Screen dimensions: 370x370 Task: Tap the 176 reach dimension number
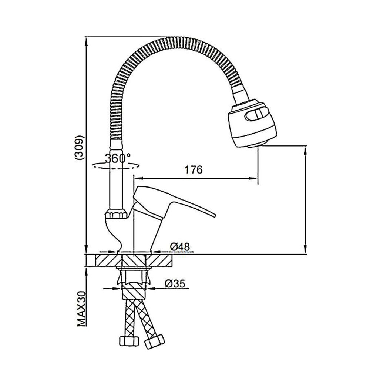(x=194, y=169)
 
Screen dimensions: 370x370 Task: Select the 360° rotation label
(x=118, y=158)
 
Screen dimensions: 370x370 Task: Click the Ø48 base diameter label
(x=180, y=247)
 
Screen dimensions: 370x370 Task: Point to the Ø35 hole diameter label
(x=175, y=284)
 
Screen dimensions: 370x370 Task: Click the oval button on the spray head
(x=257, y=114)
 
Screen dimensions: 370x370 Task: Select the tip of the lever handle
(x=214, y=215)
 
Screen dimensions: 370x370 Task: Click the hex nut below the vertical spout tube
(x=116, y=214)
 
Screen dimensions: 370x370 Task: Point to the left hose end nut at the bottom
(x=129, y=341)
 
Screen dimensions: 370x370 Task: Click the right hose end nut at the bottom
(x=154, y=342)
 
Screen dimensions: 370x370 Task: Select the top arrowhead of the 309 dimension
(x=86, y=42)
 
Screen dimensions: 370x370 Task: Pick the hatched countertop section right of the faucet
(x=159, y=261)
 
